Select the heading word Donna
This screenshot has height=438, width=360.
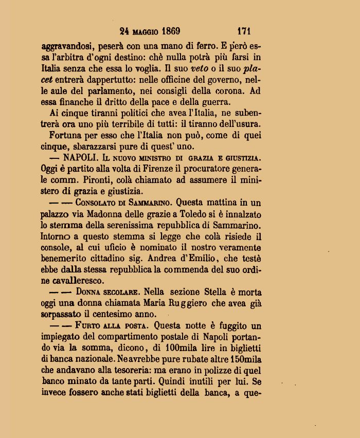86,292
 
